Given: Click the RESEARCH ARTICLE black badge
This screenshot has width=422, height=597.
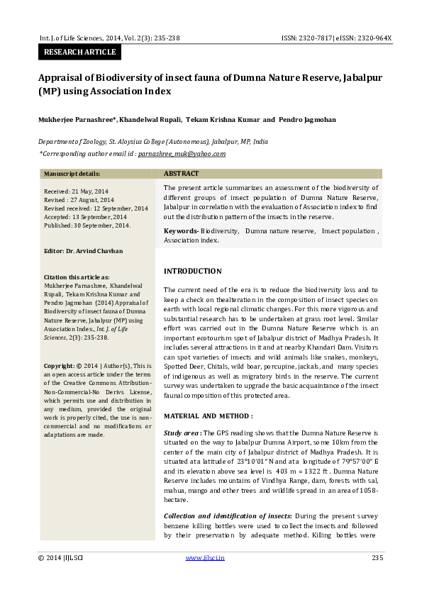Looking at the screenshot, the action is click(79, 52).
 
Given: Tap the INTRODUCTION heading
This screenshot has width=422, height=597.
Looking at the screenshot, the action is click(192, 272).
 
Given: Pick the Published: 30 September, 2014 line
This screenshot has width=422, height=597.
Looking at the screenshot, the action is click(87, 225).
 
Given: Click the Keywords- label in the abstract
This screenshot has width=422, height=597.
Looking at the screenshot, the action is click(181, 231).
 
